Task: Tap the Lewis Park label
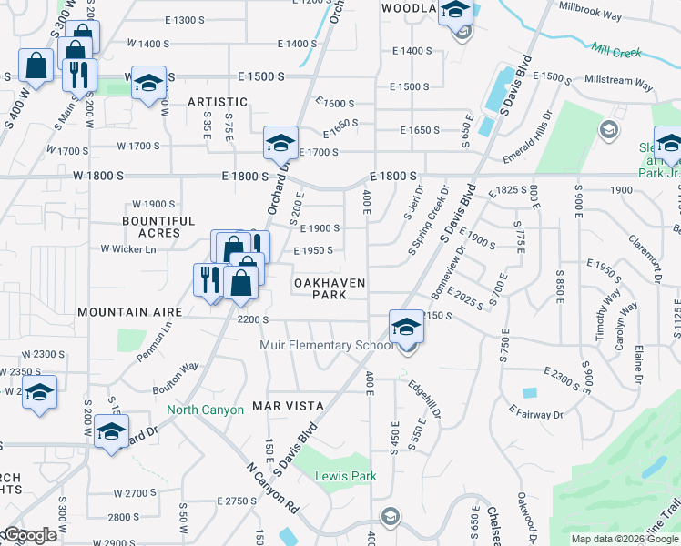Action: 345,476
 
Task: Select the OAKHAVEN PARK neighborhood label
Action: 330,289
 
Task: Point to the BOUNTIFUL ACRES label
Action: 159,227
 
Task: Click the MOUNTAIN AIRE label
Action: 125,312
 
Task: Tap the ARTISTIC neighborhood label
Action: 218,102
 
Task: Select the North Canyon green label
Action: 205,410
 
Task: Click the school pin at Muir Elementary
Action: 406,328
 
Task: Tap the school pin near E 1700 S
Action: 281,143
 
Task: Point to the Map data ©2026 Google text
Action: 624,539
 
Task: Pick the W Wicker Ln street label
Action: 128,248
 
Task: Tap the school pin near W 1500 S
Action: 147,83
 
